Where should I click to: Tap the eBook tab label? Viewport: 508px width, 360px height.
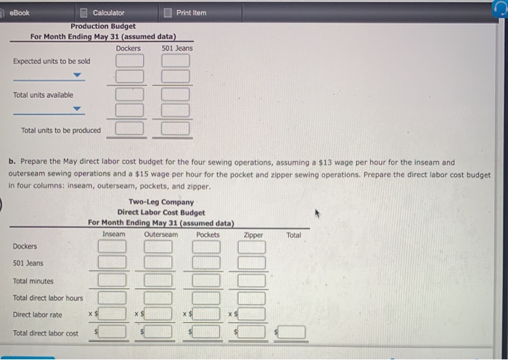20,12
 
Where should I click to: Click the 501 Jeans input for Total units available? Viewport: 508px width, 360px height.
175,94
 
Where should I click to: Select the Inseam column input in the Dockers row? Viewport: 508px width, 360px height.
112,246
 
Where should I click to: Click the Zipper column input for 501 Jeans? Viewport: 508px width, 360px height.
253,263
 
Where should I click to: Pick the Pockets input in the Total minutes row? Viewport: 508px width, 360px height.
207,280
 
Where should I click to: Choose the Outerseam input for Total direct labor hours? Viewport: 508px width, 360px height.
159,298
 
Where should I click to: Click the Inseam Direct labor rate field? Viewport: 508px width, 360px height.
115,314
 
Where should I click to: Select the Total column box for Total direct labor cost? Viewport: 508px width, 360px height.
292,332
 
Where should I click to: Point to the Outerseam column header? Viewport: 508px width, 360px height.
160,234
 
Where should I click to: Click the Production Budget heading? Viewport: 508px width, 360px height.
102,26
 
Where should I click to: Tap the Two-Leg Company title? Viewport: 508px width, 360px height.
160,202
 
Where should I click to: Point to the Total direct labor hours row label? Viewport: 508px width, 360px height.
48,298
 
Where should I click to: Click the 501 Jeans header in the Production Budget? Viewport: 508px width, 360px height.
177,48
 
